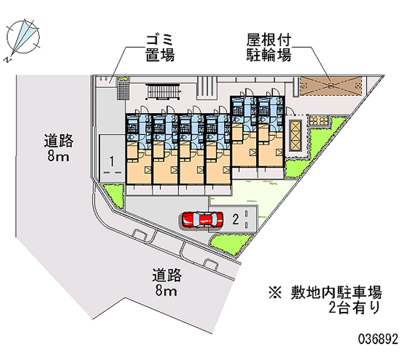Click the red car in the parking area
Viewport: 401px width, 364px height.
pos(202,219)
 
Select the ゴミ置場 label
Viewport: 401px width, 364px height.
pos(160,48)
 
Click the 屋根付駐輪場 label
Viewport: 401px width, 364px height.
pos(268,48)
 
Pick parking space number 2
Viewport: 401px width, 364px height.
pos(236,218)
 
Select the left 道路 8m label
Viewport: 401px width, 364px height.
pos(59,149)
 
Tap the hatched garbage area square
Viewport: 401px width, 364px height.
pos(121,91)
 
